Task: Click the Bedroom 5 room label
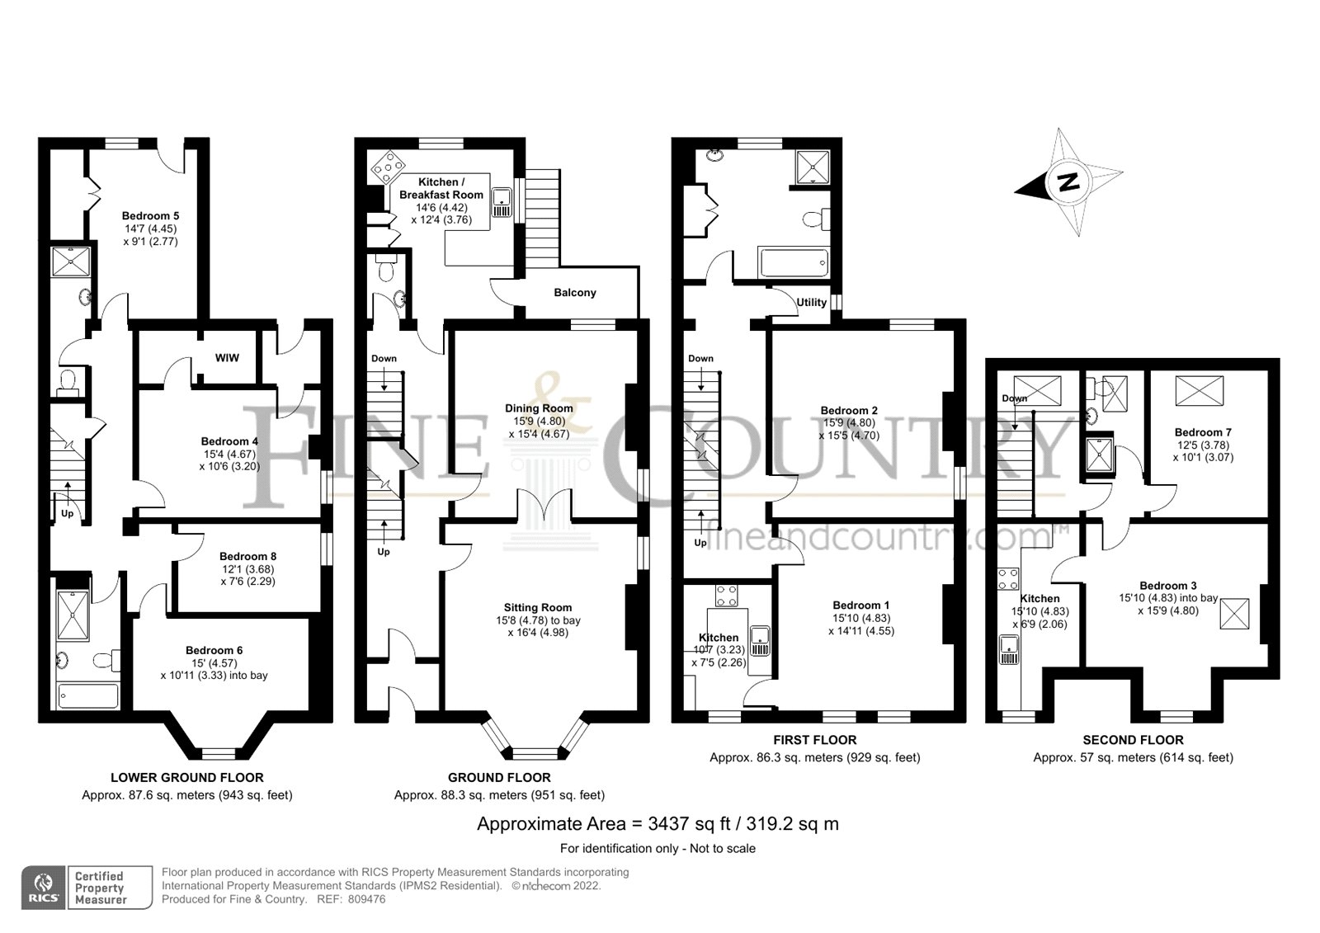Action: pyautogui.click(x=150, y=216)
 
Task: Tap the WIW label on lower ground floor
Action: pyautogui.click(x=227, y=358)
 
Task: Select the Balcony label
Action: pyautogui.click(x=574, y=293)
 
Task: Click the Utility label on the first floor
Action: pyautogui.click(x=811, y=303)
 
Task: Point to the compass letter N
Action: pyautogui.click(x=1068, y=182)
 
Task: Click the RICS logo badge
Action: pyautogui.click(x=44, y=888)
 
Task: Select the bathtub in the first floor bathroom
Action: pyautogui.click(x=792, y=264)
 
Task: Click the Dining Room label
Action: pyautogui.click(x=539, y=408)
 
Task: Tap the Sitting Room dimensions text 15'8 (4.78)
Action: pyautogui.click(x=538, y=620)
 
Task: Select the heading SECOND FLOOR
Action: pyautogui.click(x=1133, y=740)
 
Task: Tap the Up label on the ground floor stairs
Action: pyautogui.click(x=384, y=551)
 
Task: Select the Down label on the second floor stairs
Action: pyautogui.click(x=1015, y=398)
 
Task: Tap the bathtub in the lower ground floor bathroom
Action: pyautogui.click(x=87, y=695)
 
